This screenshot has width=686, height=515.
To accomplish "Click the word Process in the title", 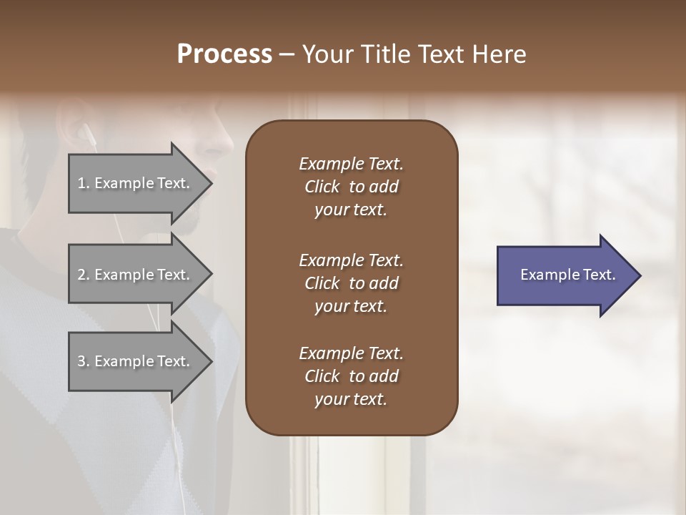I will [224, 54].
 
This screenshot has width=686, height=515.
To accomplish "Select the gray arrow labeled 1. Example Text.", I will [136, 183].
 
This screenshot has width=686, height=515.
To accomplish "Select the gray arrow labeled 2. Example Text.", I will [136, 275].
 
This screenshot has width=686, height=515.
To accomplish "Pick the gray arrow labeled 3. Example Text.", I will [136, 361].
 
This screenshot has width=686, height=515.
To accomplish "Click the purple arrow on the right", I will [565, 275].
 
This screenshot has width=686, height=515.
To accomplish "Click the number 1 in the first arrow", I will [81, 183].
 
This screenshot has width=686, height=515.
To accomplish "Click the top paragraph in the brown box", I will [351, 187].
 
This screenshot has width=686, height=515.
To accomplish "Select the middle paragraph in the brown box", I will [351, 283].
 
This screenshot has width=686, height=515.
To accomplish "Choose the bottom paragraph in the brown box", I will [351, 376].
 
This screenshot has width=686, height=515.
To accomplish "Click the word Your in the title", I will [325, 54].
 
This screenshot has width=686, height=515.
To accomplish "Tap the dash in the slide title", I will [287, 55].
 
